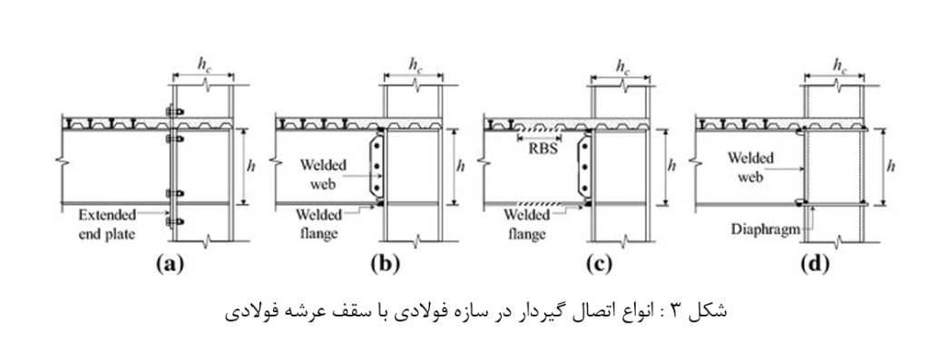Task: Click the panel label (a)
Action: (170, 264)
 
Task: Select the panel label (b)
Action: (385, 264)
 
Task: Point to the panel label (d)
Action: (814, 264)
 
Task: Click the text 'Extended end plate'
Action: (107, 224)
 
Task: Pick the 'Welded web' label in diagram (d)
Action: (750, 167)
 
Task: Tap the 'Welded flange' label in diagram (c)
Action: (526, 224)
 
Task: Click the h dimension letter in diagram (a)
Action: (251, 166)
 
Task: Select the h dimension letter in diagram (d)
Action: (891, 166)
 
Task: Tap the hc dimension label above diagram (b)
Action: (416, 65)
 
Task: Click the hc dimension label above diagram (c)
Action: (622, 65)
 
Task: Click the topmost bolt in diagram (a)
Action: (173, 110)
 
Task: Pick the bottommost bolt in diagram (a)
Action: (173, 222)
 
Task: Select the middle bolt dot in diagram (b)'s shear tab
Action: (376, 166)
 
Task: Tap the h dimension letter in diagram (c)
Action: (670, 166)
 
